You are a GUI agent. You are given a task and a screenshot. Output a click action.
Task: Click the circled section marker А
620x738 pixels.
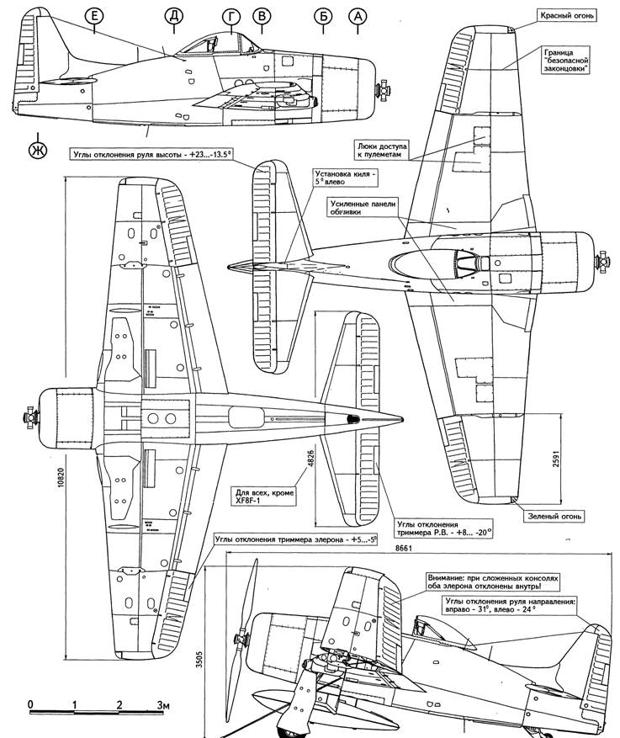pos(359,16)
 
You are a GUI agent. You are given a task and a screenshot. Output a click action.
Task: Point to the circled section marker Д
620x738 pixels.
pos(174,16)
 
